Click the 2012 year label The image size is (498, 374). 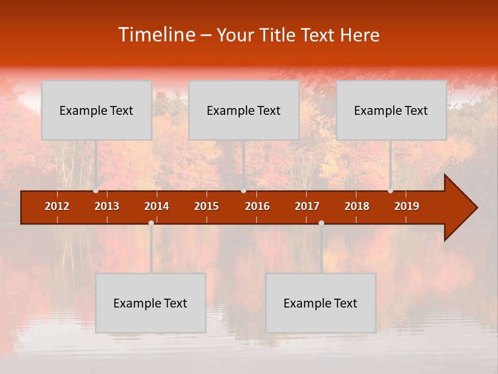click(57, 206)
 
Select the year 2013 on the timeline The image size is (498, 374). click(107, 206)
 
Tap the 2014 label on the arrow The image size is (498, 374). click(157, 206)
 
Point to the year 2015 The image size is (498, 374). click(206, 206)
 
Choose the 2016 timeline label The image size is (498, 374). click(257, 206)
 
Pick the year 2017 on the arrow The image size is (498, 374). click(307, 206)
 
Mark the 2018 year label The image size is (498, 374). click(357, 206)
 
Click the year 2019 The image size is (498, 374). click(407, 206)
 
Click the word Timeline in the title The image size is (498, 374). click(156, 35)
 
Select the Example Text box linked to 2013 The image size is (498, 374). click(96, 110)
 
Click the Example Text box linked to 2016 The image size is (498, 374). click(244, 110)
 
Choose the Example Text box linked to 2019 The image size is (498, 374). click(391, 110)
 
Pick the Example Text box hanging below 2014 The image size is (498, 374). click(150, 303)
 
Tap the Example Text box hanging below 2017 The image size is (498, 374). click(321, 303)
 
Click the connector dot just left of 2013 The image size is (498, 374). click(96, 191)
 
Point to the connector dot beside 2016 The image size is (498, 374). click(243, 191)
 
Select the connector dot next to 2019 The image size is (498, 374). click(390, 191)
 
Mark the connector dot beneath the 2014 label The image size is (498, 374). click(151, 223)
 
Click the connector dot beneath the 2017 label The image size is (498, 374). click(321, 223)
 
